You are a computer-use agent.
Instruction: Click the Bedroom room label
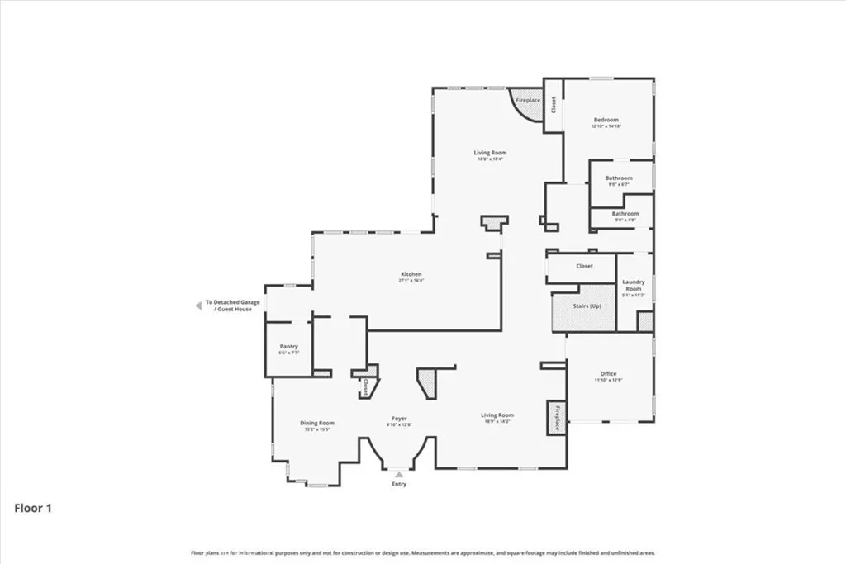tap(606, 121)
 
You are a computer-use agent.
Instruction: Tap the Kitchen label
tap(411, 274)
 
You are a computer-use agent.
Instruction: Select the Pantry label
tap(288, 347)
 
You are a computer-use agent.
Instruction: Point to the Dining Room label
tap(316, 424)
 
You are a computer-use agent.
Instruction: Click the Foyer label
tap(400, 419)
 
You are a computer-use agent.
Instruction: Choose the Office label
tap(608, 374)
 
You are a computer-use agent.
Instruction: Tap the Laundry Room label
tap(634, 285)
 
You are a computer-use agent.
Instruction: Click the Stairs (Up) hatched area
tap(582, 307)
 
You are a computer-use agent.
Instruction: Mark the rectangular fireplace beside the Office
tap(556, 418)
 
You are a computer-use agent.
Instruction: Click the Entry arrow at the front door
tap(399, 475)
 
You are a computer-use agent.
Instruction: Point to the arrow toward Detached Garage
tap(197, 306)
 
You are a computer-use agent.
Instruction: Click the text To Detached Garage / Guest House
tap(233, 306)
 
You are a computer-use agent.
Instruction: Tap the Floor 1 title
tap(33, 509)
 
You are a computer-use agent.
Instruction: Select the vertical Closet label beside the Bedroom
tap(554, 106)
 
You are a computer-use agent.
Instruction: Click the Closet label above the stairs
tap(584, 267)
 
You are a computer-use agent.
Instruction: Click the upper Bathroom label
tap(618, 178)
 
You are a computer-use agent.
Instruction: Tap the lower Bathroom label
tap(625, 214)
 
